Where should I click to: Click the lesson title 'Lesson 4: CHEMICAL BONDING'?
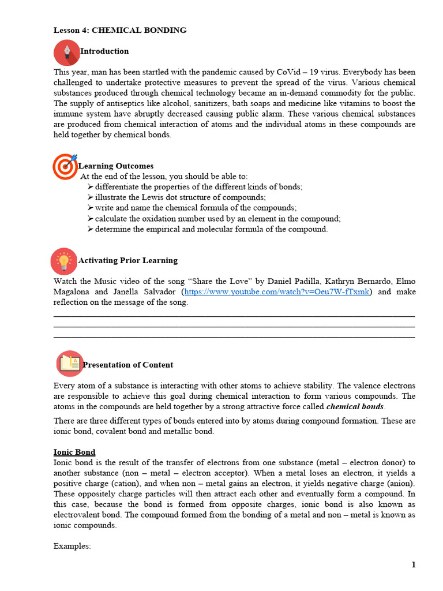(120, 30)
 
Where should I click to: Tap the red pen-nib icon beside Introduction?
(67, 52)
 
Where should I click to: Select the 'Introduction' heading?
(104, 51)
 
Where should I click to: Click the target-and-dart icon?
(65, 166)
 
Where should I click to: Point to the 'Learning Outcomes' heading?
(116, 166)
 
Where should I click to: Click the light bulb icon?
(63, 261)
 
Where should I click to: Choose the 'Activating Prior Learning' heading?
(127, 261)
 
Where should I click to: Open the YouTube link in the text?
(276, 292)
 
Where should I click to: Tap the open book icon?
(70, 364)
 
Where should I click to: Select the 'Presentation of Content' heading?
(127, 365)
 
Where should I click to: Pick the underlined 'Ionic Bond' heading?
(74, 452)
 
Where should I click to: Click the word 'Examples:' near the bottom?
(72, 545)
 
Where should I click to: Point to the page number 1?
(414, 565)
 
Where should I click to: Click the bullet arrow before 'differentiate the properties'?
(91, 186)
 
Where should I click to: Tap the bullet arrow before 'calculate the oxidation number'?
(91, 218)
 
